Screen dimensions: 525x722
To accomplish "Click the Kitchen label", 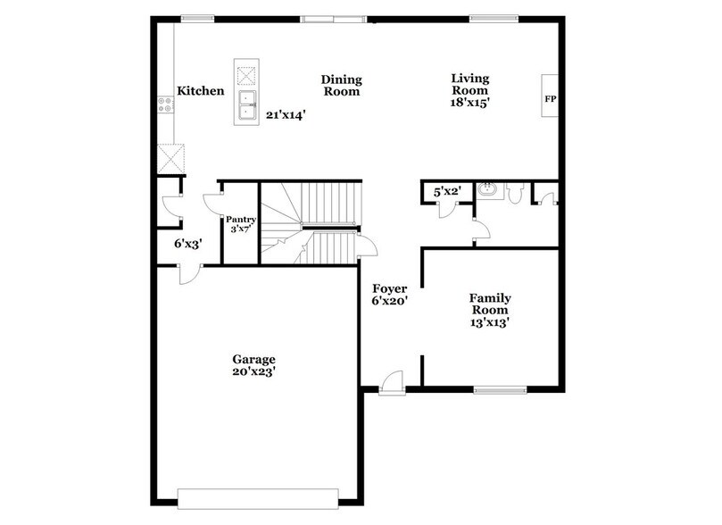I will [x=200, y=91].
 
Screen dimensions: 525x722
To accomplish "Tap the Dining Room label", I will [x=340, y=85].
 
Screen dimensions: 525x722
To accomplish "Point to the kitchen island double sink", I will [x=246, y=105].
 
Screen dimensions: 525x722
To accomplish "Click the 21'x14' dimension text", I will [x=286, y=115].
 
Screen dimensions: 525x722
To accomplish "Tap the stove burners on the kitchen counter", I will [x=165, y=105].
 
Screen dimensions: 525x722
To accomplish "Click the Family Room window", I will [x=498, y=389].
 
